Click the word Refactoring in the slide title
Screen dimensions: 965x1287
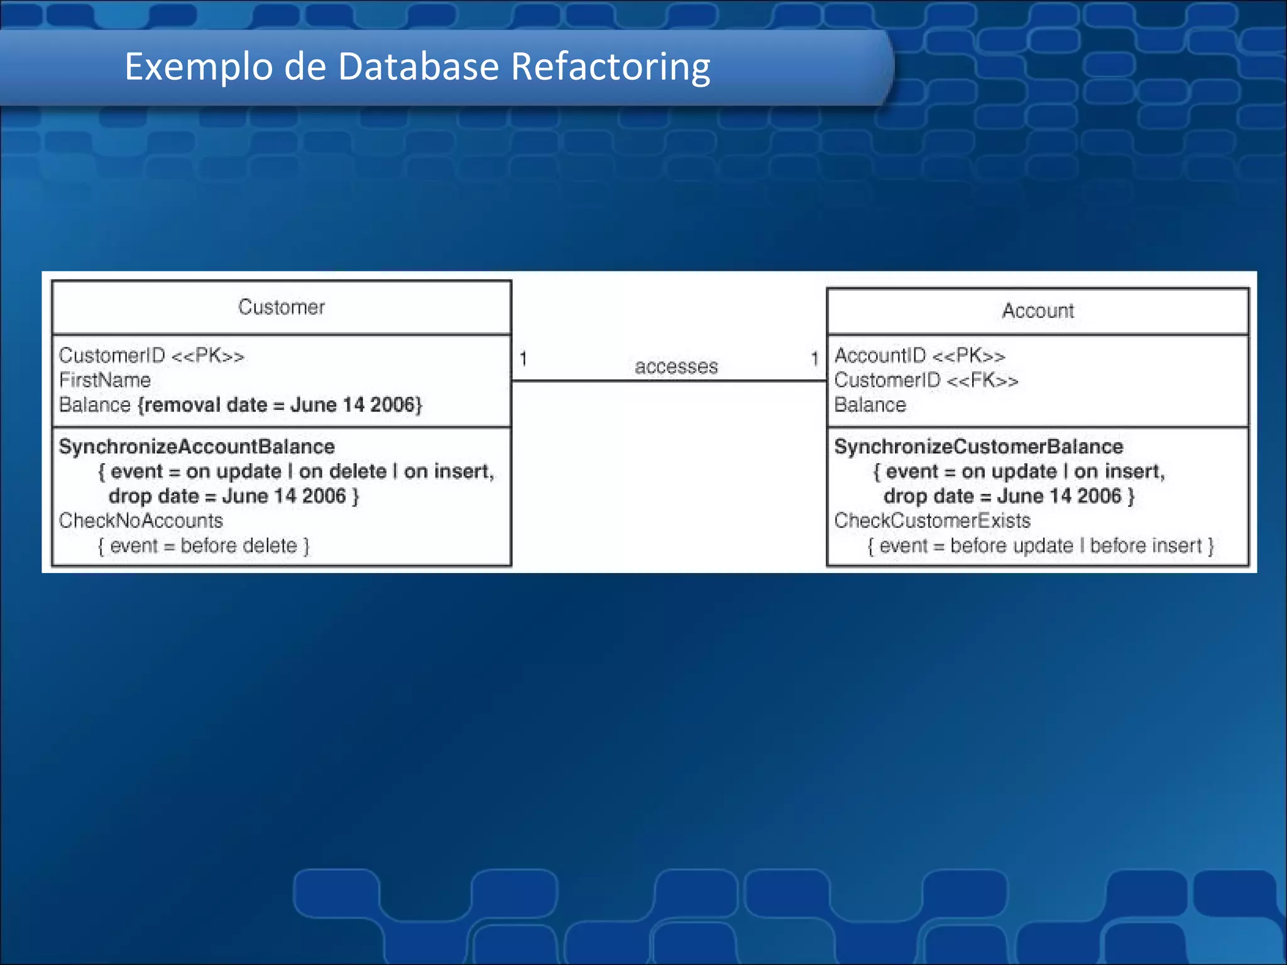tap(610, 67)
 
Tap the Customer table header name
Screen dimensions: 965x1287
tap(282, 307)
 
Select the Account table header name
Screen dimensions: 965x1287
tap(1038, 311)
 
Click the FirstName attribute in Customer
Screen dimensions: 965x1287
tap(105, 380)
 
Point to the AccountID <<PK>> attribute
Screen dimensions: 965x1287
tap(919, 356)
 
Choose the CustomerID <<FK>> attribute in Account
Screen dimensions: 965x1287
tap(926, 380)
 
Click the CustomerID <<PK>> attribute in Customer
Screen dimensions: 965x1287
tap(151, 356)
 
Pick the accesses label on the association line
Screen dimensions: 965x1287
tap(676, 366)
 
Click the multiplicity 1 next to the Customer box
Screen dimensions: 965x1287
tap(523, 359)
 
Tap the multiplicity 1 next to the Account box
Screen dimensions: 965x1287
tap(814, 359)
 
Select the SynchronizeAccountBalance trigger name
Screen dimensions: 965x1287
tap(197, 447)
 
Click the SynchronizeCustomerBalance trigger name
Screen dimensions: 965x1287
tap(978, 447)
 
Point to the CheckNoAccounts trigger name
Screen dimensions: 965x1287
tap(141, 521)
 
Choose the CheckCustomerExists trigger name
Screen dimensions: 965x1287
tap(933, 521)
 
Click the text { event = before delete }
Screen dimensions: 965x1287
tap(204, 546)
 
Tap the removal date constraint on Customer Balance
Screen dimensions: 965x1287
tap(280, 405)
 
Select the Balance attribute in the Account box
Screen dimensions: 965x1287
tap(870, 405)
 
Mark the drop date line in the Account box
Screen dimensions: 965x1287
tap(1009, 496)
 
